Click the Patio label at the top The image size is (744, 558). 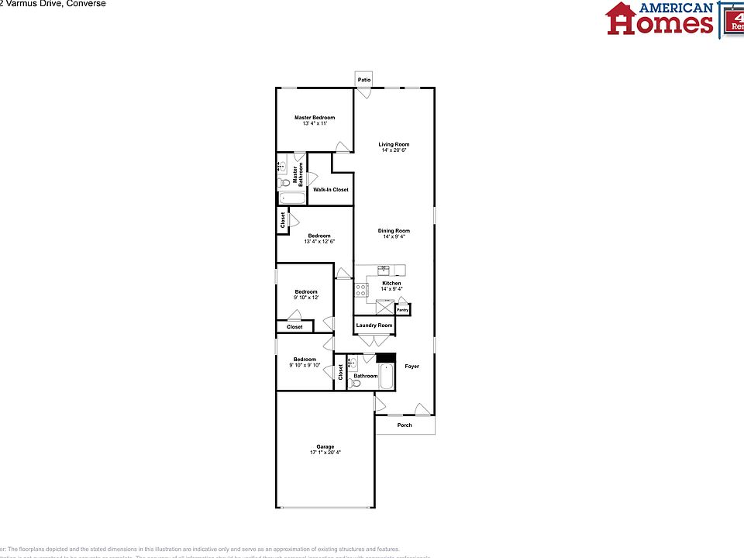click(x=363, y=80)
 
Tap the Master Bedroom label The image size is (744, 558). click(x=315, y=118)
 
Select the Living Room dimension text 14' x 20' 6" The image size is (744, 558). click(x=394, y=150)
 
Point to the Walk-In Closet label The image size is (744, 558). click(x=331, y=190)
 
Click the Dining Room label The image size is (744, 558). click(x=394, y=231)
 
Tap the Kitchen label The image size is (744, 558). click(x=391, y=284)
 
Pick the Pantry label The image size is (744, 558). click(x=402, y=310)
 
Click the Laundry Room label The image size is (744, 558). click(x=374, y=325)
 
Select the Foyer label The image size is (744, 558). click(x=412, y=367)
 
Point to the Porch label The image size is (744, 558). click(x=405, y=425)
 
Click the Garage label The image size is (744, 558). click(x=325, y=446)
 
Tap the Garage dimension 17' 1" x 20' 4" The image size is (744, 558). click(x=325, y=453)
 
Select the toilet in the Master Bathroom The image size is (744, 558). click(x=284, y=183)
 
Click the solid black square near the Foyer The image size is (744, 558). click(x=385, y=358)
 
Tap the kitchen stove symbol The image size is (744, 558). click(x=361, y=290)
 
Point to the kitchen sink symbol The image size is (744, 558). click(x=384, y=270)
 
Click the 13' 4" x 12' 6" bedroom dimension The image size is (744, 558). click(x=319, y=242)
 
